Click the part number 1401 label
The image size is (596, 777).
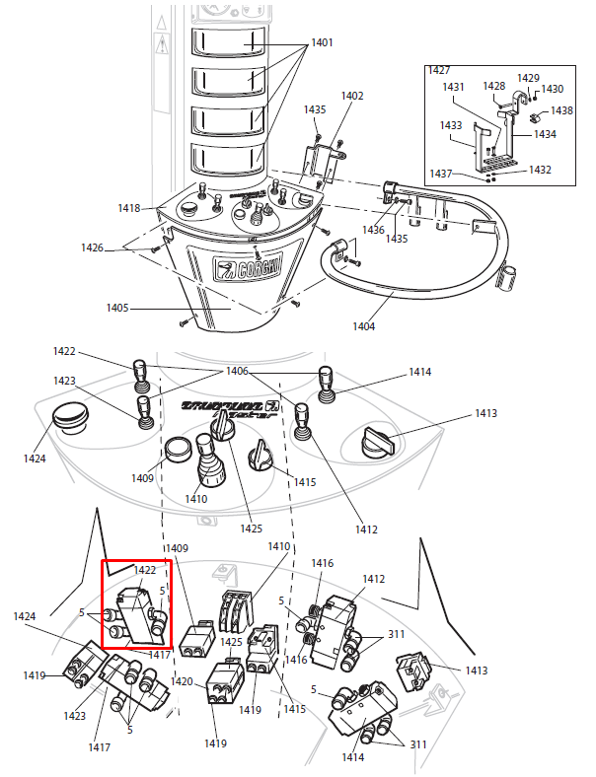point(323,43)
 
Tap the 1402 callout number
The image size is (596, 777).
point(352,96)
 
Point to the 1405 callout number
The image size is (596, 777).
point(117,309)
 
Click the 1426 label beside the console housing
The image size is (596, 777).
point(92,247)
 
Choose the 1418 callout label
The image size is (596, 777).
point(129,208)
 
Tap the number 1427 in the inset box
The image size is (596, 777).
point(438,71)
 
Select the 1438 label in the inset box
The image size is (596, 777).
point(561,110)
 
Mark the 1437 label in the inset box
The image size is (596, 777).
point(441,174)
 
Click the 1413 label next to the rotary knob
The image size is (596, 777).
point(485,413)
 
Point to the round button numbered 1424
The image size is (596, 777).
point(69,417)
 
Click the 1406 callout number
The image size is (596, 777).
point(237,371)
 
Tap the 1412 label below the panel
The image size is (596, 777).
point(366,530)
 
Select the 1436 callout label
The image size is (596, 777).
point(373,230)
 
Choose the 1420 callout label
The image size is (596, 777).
point(182,681)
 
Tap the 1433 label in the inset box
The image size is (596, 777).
point(451,126)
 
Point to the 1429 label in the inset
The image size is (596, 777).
point(529,78)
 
